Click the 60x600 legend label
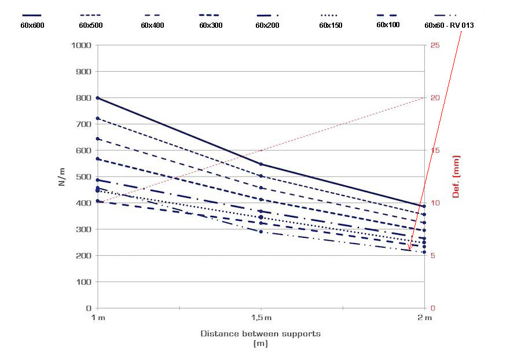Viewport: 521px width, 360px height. pos(32,25)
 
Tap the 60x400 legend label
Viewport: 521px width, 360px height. pos(152,25)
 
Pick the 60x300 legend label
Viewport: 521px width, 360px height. pos(211,25)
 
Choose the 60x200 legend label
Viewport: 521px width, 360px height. pos(267,25)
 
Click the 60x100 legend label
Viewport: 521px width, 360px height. pos(388,25)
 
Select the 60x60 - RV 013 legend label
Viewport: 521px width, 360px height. pos(449,25)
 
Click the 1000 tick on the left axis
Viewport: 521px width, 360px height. pos(81,45)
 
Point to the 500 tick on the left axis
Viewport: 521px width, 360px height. pos(84,177)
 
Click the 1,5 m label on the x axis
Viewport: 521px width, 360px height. pos(261,318)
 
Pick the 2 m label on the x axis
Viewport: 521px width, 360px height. pos(425,318)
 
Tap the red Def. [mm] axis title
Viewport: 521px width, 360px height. pos(456,176)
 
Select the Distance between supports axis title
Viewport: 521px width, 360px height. pos(260,333)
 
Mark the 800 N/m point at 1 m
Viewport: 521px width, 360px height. pos(97,98)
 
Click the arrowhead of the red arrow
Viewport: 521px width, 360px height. pos(409,249)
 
